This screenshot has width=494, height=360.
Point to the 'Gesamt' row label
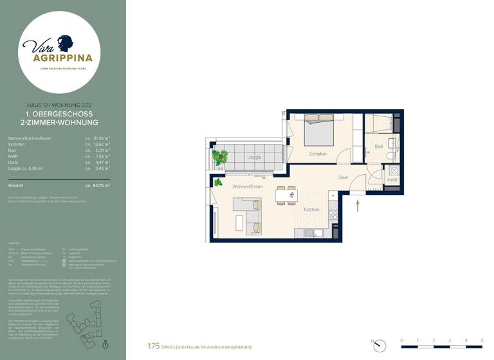pyautogui.click(x=16, y=185)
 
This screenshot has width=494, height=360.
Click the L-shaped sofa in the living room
pyautogui.click(x=248, y=214)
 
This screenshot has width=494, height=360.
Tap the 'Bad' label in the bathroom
pyautogui.click(x=379, y=147)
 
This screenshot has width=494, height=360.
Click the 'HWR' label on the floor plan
pyautogui.click(x=392, y=181)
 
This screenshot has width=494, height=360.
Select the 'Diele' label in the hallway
pyautogui.click(x=343, y=177)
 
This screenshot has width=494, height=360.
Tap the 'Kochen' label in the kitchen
pyautogui.click(x=312, y=210)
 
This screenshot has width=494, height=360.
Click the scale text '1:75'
pyautogui.click(x=153, y=346)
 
